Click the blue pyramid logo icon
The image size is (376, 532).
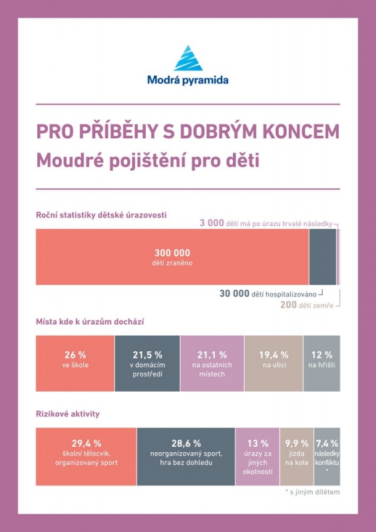click(188, 58)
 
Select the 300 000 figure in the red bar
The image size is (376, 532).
click(172, 253)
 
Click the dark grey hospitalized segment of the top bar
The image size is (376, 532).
click(322, 257)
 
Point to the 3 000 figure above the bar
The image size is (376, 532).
click(212, 223)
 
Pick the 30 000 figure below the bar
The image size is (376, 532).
click(234, 293)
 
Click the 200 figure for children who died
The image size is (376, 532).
click(288, 305)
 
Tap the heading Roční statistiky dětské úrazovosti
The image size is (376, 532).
click(101, 215)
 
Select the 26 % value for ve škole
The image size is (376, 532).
click(75, 355)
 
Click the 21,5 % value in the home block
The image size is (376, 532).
click(148, 355)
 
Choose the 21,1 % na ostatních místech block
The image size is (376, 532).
click(212, 363)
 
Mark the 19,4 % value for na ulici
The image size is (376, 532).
click(274, 355)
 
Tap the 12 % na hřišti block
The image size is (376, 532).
click(321, 363)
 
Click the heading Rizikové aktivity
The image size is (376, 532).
click(68, 414)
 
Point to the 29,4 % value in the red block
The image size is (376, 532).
click(87, 444)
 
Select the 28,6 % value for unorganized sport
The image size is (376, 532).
click(186, 444)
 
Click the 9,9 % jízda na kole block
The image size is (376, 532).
click(297, 456)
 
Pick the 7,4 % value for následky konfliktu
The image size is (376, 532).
click(327, 444)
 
